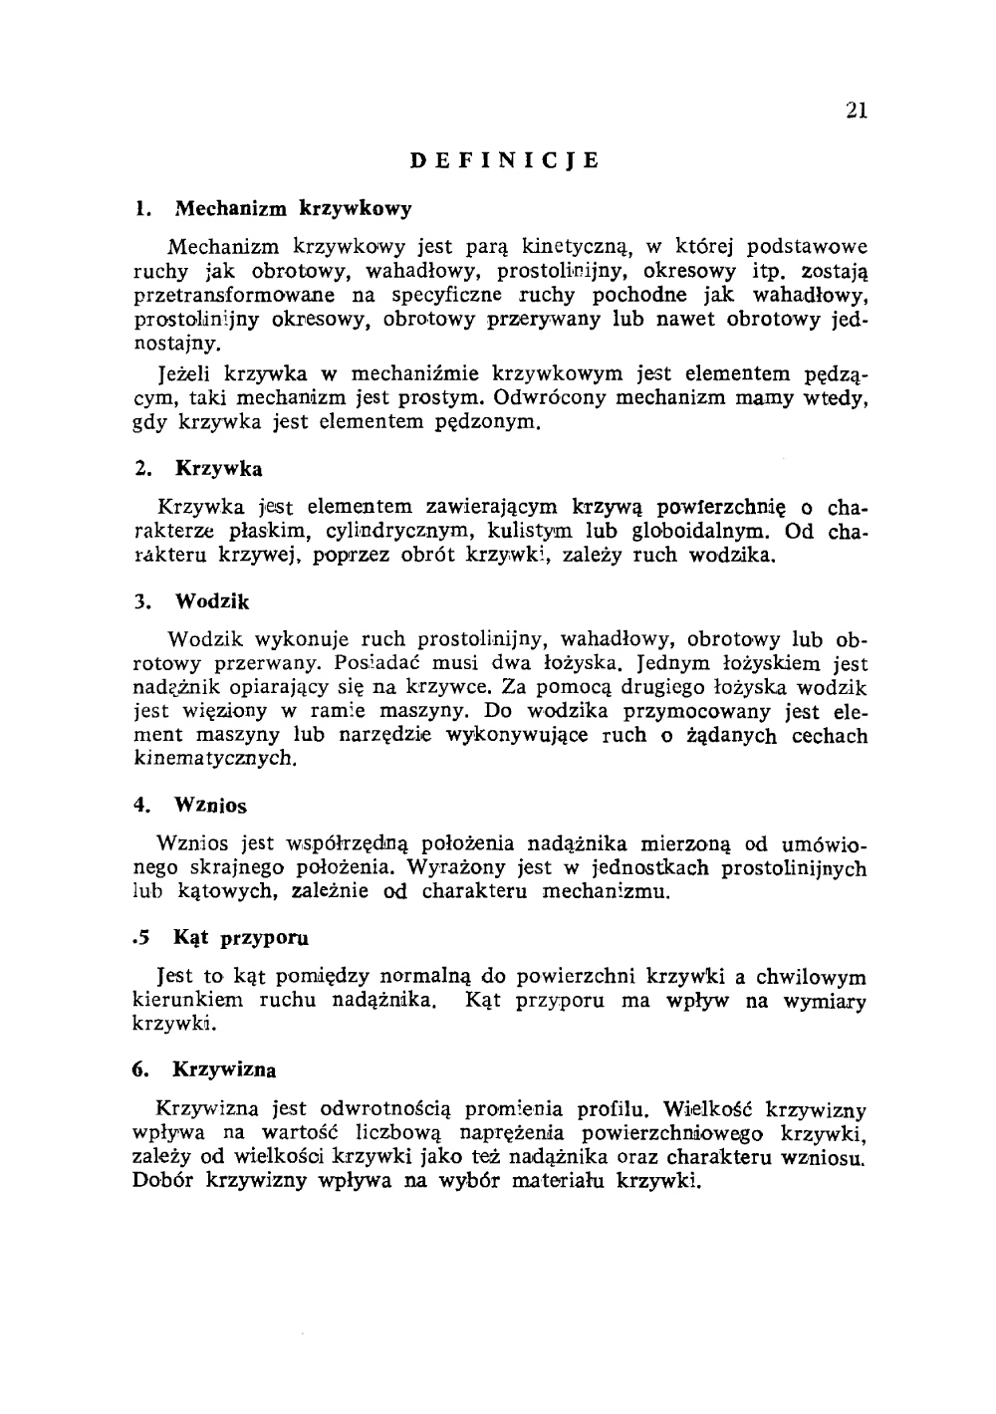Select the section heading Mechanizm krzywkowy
coord(293,209)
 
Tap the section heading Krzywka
coord(218,468)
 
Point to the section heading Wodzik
coord(212,602)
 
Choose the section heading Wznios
coord(210,805)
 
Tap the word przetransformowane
coord(232,296)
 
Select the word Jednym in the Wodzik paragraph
coord(668,663)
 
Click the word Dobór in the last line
coord(163,1183)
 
